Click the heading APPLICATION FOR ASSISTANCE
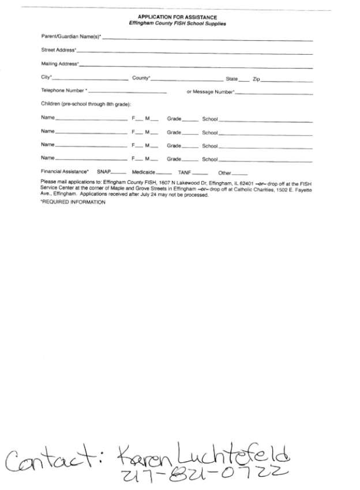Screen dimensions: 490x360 tap(177, 18)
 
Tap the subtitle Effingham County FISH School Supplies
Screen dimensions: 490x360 tap(177, 24)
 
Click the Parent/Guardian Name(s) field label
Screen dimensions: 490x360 tap(71, 37)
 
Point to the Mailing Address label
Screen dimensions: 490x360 tap(59, 63)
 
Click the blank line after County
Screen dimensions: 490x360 tap(187, 80)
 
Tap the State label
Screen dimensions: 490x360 tap(231, 78)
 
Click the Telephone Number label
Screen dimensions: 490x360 tap(63, 91)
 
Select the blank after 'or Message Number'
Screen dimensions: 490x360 tap(274, 93)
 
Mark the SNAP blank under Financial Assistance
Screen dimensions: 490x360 tap(119, 173)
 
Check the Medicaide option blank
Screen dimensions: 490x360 tap(164, 173)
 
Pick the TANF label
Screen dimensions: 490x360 tap(184, 172)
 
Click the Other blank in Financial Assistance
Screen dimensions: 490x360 tap(240, 173)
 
